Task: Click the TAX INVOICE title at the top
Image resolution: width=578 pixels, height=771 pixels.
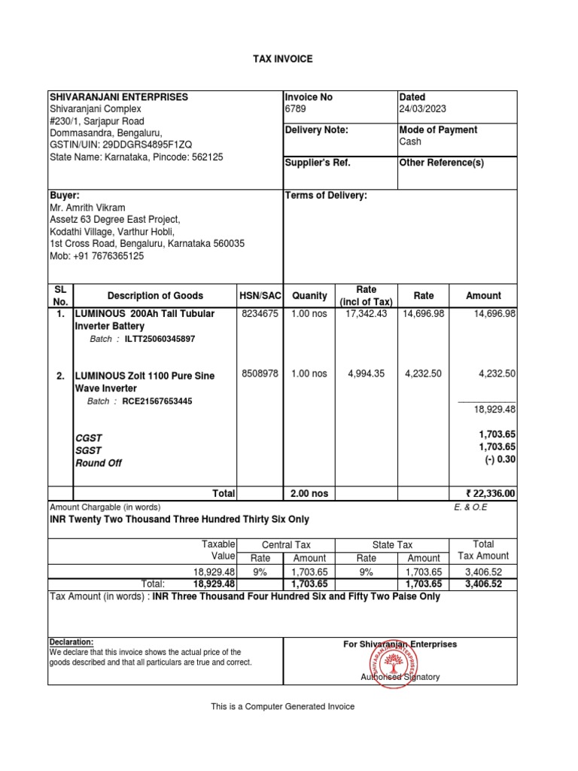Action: click(x=282, y=59)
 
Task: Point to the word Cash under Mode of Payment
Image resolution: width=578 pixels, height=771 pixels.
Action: click(x=410, y=142)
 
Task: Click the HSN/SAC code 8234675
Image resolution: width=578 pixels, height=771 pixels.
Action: click(x=259, y=314)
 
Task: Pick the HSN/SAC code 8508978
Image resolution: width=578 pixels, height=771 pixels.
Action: click(x=259, y=373)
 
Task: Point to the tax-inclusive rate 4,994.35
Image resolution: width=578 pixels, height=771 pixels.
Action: click(x=367, y=373)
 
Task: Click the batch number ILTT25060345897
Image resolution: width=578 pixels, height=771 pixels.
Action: click(x=160, y=340)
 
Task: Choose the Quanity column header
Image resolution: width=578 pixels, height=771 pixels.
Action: click(x=310, y=296)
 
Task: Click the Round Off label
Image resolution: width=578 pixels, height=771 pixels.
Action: click(x=98, y=463)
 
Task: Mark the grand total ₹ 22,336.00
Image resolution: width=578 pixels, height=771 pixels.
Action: click(x=491, y=494)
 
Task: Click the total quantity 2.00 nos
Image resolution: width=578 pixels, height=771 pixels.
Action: click(x=309, y=494)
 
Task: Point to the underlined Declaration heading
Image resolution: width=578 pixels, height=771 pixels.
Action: click(x=71, y=641)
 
